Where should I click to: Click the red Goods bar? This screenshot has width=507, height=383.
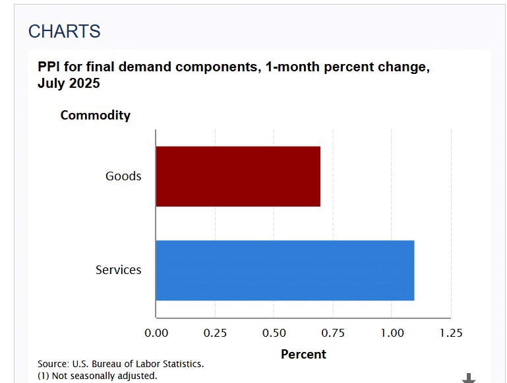pyautogui.click(x=238, y=176)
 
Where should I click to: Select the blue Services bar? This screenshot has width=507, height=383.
pyautogui.click(x=285, y=270)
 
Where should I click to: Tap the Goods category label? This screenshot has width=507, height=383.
pyautogui.click(x=123, y=176)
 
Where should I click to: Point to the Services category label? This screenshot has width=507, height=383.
pyautogui.click(x=118, y=270)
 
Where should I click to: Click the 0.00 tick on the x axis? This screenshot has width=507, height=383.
pyautogui.click(x=156, y=333)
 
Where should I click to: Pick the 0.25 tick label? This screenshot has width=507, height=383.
pyautogui.click(x=215, y=333)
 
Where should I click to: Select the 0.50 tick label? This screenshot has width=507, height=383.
pyautogui.click(x=274, y=333)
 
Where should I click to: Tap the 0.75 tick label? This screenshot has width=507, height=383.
pyautogui.click(x=333, y=333)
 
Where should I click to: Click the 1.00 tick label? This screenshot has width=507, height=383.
pyautogui.click(x=392, y=333)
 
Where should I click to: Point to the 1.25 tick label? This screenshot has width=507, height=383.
pyautogui.click(x=451, y=333)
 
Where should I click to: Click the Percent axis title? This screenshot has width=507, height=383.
pyautogui.click(x=303, y=354)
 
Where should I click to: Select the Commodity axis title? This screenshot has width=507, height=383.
pyautogui.click(x=96, y=116)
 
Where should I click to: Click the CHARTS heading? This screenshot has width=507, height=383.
pyautogui.click(x=65, y=32)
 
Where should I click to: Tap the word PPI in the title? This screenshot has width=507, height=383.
pyautogui.click(x=49, y=67)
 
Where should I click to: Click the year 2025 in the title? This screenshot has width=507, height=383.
pyautogui.click(x=84, y=83)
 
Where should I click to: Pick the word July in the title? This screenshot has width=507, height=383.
pyautogui.click(x=51, y=83)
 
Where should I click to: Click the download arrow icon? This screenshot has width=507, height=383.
pyautogui.click(x=469, y=378)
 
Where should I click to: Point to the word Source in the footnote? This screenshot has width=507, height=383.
pyautogui.click(x=53, y=364)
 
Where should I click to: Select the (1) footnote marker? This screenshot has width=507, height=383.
pyautogui.click(x=44, y=376)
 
